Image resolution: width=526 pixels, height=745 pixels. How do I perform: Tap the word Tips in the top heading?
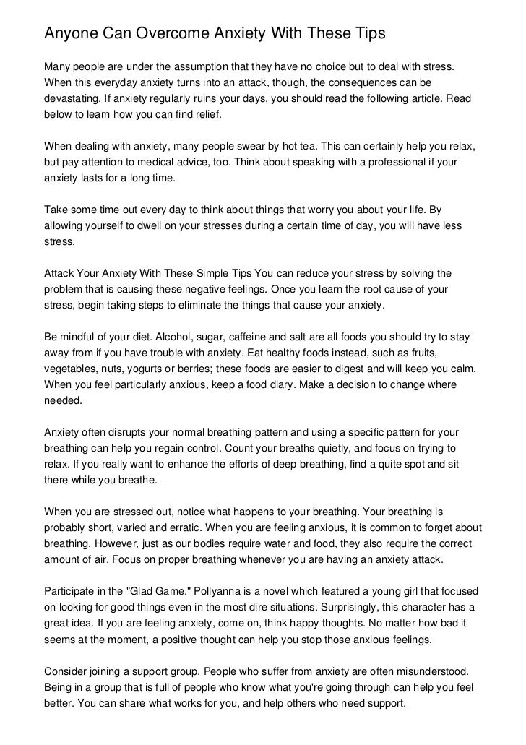pos(368,33)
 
